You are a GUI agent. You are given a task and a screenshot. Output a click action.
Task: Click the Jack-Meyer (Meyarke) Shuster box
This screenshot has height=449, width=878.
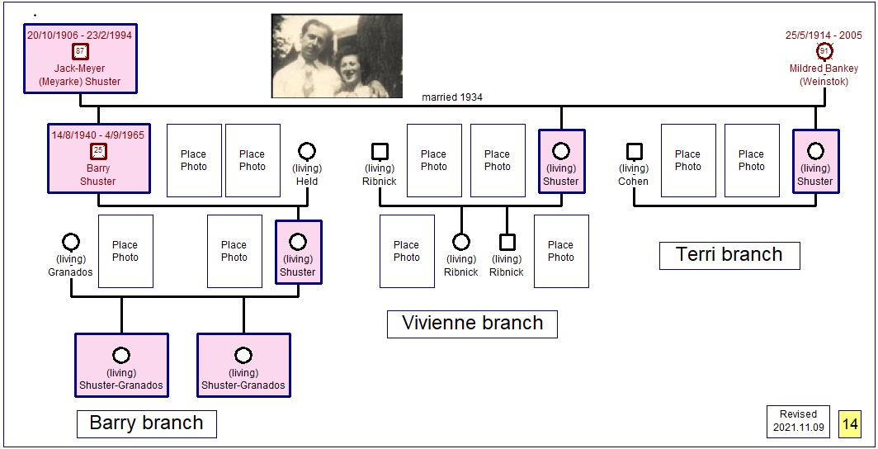(80, 59)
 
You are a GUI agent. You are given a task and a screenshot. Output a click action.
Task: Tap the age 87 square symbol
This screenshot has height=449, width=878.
(80, 52)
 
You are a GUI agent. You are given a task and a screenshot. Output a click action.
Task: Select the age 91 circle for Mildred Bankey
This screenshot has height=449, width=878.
(824, 52)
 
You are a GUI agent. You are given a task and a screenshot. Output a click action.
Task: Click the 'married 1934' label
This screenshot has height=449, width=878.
(452, 97)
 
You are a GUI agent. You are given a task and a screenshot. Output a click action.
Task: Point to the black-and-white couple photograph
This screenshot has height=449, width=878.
(337, 56)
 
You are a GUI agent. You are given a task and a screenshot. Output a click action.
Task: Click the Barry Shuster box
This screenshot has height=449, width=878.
(98, 158)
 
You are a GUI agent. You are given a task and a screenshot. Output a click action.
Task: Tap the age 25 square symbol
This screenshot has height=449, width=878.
(98, 152)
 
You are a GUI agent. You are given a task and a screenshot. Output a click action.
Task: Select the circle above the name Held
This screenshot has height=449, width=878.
(307, 151)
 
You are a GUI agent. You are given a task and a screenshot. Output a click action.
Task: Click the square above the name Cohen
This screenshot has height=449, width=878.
(634, 151)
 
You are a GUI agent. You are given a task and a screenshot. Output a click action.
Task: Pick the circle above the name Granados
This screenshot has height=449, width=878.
(71, 242)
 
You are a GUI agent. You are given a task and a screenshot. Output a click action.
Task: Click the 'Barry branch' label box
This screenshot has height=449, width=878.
(147, 423)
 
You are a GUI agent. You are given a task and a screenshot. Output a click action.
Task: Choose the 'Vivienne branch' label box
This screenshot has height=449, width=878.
(472, 324)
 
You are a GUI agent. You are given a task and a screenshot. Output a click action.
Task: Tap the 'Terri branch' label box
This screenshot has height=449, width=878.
(729, 255)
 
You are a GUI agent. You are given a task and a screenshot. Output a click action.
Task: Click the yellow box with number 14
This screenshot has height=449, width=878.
(849, 423)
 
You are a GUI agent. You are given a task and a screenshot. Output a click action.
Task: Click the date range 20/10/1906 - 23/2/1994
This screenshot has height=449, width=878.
(79, 35)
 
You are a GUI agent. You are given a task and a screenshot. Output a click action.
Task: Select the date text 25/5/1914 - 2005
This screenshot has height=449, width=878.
(824, 35)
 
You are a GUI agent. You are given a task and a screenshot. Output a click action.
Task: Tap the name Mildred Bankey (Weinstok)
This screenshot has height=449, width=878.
(824, 75)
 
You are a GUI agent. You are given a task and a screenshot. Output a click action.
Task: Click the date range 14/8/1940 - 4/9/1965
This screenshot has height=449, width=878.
(98, 135)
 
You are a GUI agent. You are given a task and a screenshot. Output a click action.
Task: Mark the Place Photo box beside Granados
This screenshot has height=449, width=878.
(125, 252)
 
